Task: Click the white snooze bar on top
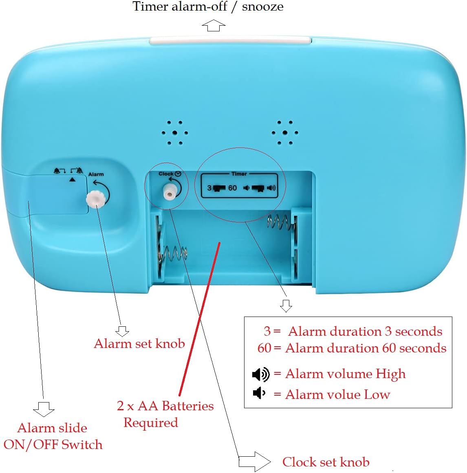pyautogui.click(x=231, y=40)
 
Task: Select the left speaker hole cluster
pyautogui.click(x=174, y=132)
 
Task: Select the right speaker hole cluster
pyautogui.click(x=285, y=132)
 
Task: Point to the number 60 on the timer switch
pyautogui.click(x=232, y=188)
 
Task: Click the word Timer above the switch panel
pyautogui.click(x=239, y=174)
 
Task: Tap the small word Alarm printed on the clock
pyautogui.click(x=96, y=174)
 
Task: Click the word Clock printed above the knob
pyautogui.click(x=166, y=174)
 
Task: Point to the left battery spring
pyautogui.click(x=174, y=255)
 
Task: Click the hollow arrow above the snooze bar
pyautogui.click(x=214, y=26)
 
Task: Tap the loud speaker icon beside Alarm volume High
pyautogui.click(x=261, y=374)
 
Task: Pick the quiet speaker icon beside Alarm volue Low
pyautogui.click(x=259, y=393)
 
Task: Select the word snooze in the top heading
pyautogui.click(x=263, y=7)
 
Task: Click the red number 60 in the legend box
pyautogui.click(x=264, y=348)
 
